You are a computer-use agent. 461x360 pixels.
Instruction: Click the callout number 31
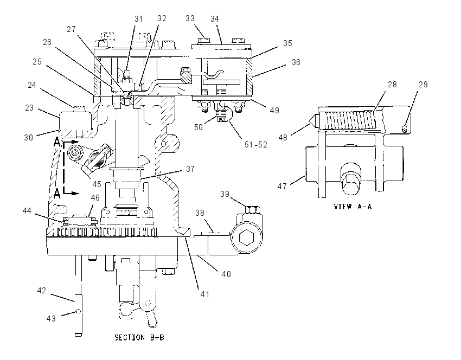[x=138, y=19]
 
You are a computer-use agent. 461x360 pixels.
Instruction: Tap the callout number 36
[x=296, y=62]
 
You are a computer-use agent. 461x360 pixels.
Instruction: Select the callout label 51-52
[x=256, y=145]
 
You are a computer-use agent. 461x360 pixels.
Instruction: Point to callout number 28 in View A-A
[x=392, y=85]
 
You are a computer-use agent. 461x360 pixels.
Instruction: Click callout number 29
[x=423, y=85]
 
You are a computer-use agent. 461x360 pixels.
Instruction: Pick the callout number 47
[x=282, y=187]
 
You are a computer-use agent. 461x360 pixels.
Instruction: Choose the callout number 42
[x=41, y=291]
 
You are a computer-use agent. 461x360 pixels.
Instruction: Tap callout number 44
[x=27, y=211]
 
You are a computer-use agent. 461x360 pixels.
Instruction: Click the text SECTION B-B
[x=139, y=337]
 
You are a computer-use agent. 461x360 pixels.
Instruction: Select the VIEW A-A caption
[x=353, y=207]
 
